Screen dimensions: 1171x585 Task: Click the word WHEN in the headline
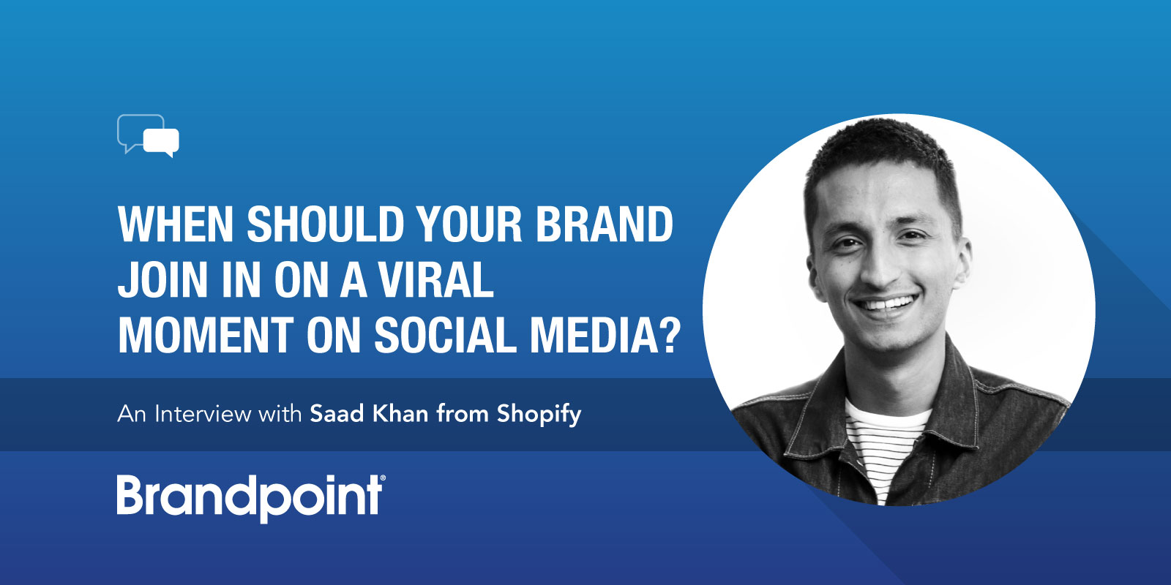[176, 224]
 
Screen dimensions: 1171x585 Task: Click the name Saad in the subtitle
[337, 414]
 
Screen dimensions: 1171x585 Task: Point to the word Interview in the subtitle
[203, 414]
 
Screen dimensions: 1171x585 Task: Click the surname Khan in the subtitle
[400, 413]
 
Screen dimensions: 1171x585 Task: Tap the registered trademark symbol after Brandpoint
[383, 478]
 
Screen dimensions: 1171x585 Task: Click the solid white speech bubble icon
[161, 142]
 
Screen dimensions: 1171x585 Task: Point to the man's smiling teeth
[886, 303]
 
